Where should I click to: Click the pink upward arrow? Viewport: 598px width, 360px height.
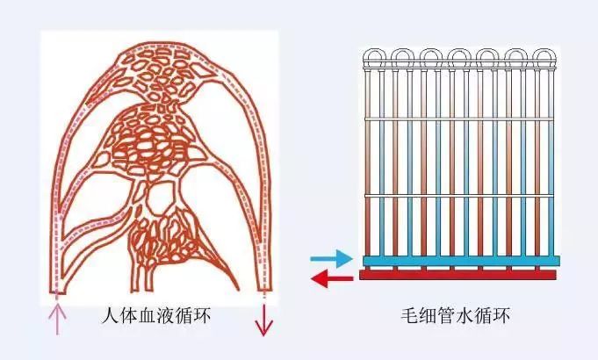[x=59, y=318]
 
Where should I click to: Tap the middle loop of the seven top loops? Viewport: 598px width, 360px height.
[x=458, y=60]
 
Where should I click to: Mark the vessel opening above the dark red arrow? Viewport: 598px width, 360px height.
[x=262, y=290]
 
